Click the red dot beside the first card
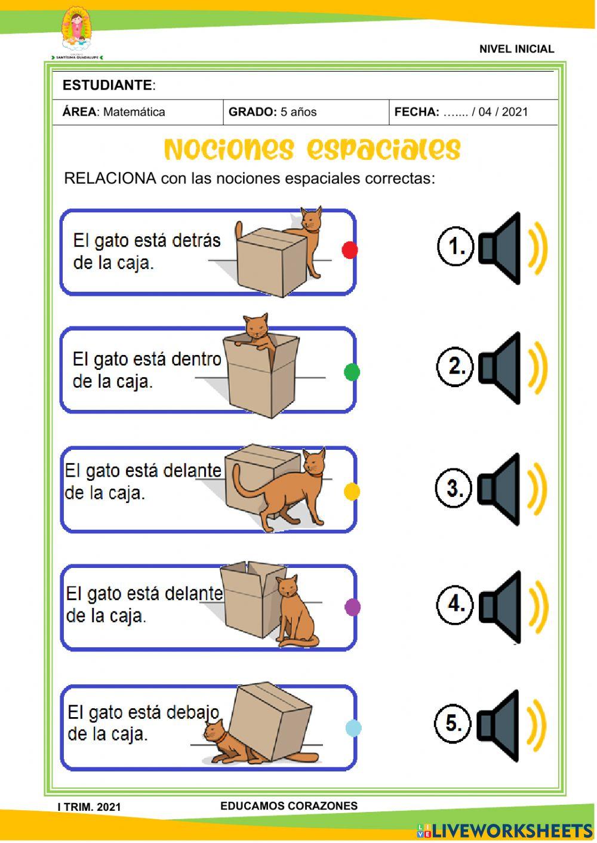[x=350, y=250]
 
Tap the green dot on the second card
[x=352, y=372]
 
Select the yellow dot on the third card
[x=352, y=492]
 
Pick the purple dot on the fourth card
[x=353, y=607]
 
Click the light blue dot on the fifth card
[x=353, y=728]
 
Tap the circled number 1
[x=456, y=246]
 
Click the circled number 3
[x=454, y=488]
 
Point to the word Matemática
[x=134, y=112]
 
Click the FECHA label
[x=417, y=112]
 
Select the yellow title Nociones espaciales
[x=312, y=149]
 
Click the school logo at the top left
[x=77, y=32]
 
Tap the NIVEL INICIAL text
[x=516, y=49]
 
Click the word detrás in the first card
[x=196, y=240]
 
